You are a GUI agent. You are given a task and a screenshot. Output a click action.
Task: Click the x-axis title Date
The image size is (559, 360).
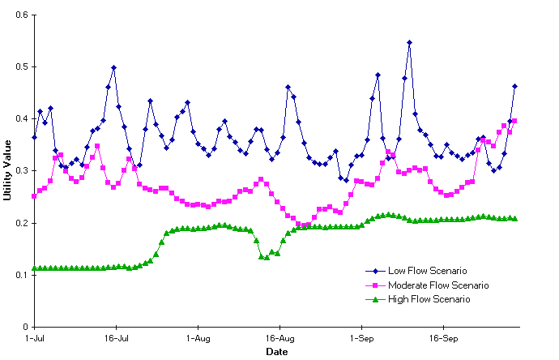(275, 352)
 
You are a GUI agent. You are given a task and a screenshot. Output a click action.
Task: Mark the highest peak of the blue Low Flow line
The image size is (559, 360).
(410, 42)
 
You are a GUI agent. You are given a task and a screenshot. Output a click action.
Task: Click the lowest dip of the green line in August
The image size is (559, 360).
(267, 258)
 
